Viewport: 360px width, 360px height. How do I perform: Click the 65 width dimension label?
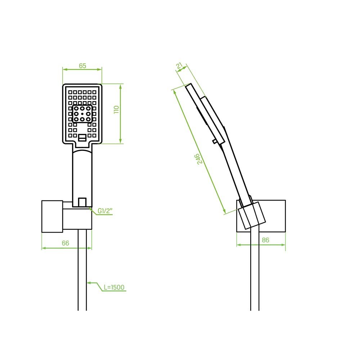click(82, 66)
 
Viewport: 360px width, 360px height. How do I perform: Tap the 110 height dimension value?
click(116, 109)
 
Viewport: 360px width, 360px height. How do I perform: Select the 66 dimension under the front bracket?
click(66, 243)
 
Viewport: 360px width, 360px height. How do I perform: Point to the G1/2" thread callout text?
click(105, 211)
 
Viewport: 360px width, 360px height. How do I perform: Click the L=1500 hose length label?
click(114, 287)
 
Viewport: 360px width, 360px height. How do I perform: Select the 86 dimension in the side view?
click(265, 240)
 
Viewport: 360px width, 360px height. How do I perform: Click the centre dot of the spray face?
click(82, 114)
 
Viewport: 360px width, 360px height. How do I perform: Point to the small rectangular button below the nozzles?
click(82, 138)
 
